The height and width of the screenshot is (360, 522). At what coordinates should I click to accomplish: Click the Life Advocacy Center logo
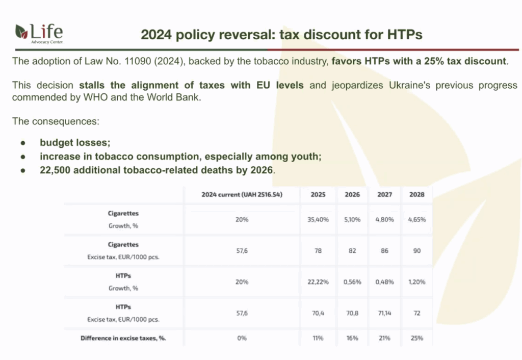point(39,34)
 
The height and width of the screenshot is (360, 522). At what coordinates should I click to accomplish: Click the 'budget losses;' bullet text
point(75,143)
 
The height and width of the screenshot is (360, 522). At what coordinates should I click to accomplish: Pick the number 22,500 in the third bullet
point(55,170)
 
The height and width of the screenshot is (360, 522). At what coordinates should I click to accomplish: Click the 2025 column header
point(318,194)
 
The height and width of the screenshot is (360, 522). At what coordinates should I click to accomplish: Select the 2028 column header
point(417,194)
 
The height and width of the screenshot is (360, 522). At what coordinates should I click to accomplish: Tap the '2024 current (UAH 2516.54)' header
point(242,194)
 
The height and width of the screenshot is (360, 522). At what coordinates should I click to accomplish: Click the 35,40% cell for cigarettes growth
point(318,219)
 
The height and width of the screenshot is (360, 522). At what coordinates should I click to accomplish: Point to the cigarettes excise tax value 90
point(417,251)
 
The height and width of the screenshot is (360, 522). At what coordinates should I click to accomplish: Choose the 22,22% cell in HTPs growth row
point(318,282)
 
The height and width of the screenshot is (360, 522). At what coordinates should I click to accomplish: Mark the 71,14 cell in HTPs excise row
point(384,313)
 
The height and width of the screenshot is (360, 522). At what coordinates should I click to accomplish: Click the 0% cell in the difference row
point(242,338)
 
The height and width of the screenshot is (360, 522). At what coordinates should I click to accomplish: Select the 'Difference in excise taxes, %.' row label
point(123,338)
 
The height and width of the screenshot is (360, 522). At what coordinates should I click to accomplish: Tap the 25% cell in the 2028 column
point(417,338)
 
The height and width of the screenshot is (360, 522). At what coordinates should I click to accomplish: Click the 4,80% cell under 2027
point(384,219)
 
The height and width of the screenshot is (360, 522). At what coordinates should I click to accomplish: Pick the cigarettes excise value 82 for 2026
point(352,251)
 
